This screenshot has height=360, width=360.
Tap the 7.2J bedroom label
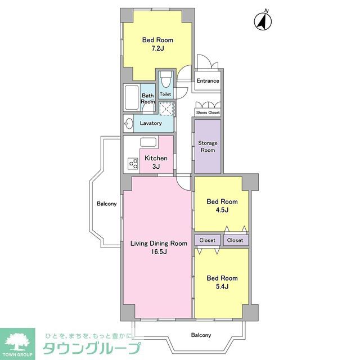[157, 44]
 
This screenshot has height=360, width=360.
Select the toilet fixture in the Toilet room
[165, 79]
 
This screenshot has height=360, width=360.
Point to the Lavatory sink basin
[129, 123]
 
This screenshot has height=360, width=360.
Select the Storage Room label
[208, 147]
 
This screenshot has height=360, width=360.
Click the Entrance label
[208, 81]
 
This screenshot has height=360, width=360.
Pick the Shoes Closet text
[208, 112]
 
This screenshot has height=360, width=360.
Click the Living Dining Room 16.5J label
[158, 247]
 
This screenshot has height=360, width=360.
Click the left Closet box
[207, 240]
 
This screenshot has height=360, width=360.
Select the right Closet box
[235, 240]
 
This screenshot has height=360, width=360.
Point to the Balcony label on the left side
[106, 204]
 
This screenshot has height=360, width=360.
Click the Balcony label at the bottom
[201, 335]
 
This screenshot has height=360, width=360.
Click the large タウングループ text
[89, 348]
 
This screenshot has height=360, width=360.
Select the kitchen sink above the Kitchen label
[148, 142]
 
